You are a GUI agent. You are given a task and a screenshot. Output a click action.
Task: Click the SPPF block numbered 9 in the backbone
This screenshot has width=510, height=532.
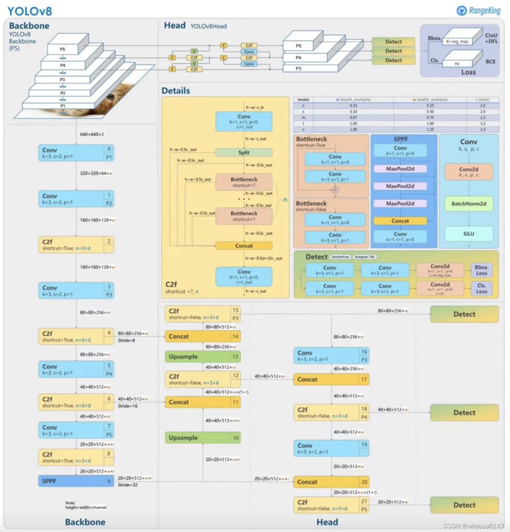tap(76, 481)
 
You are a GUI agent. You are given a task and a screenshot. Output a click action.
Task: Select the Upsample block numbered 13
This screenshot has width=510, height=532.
tap(202, 357)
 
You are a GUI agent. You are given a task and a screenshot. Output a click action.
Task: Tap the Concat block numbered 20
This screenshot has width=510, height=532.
tap(331, 482)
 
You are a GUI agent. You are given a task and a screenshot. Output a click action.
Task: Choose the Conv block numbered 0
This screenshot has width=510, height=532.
tap(76, 153)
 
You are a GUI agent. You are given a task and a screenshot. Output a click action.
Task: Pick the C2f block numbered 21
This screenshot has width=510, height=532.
tap(331, 505)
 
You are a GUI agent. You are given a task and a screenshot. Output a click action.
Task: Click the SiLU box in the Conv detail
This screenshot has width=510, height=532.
tap(469, 234)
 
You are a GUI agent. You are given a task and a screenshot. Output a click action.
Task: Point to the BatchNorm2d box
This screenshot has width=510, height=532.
tap(469, 204)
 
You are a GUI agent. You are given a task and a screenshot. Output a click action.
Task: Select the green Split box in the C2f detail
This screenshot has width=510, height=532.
tap(244, 152)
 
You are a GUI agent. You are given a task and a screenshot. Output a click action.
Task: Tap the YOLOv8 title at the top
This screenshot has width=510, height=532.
tap(30, 11)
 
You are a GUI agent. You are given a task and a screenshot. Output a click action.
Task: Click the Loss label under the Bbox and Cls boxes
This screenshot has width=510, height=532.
tap(469, 72)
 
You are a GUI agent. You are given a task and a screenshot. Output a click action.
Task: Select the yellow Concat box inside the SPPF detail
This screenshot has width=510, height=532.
tap(400, 221)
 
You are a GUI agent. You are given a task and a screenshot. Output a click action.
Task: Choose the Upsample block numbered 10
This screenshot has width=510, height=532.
tap(202, 438)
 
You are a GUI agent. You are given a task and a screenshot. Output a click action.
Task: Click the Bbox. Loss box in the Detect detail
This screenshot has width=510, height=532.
tap(481, 270)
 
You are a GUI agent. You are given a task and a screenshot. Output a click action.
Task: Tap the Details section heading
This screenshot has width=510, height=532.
tap(175, 91)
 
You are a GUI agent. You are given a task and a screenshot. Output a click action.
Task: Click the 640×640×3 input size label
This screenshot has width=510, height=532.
tap(92, 135)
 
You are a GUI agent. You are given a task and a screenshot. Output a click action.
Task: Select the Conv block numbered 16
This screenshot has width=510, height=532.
tap(331, 356)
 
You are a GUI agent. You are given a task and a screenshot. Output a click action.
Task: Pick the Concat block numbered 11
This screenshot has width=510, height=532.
tap(202, 402)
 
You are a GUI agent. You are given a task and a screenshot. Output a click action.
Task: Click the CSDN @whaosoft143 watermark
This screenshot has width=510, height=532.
tap(473, 526)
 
